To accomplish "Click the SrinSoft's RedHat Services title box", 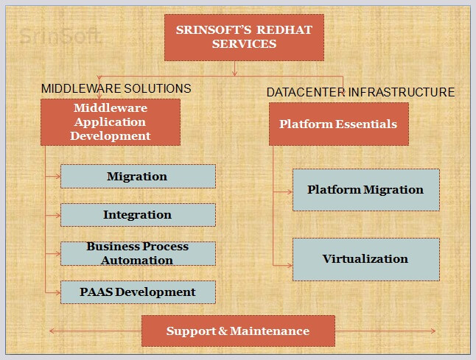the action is tap(244, 38).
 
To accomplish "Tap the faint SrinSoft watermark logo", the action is tap(60, 36).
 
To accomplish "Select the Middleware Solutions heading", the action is tap(116, 88).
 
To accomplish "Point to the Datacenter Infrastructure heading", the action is tap(360, 92).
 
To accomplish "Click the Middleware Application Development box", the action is tap(111, 122).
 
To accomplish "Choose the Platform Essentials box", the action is tap(339, 124).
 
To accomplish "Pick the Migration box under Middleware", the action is tap(138, 176).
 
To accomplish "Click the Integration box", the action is tap(138, 215).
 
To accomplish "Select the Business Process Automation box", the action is tap(138, 253).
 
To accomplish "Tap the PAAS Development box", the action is tap(138, 292).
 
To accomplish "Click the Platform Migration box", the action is tap(366, 190).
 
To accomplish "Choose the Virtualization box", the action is tap(366, 259).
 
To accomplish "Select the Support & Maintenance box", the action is tap(238, 331).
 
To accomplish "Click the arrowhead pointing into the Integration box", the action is tap(58, 215).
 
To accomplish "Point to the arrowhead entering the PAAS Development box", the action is tap(58, 293).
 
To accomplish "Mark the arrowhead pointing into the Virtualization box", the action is tap(290, 265).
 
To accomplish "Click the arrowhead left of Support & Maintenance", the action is tap(52, 331).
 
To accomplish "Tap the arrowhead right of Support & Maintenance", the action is tap(433, 331).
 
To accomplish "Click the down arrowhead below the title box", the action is tap(234, 73).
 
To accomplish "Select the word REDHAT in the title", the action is tap(284, 30).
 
